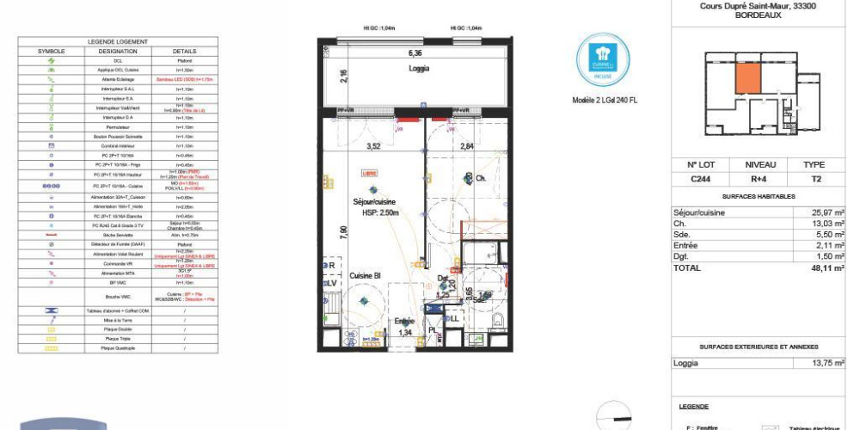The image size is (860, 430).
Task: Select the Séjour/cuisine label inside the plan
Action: click(x=373, y=201)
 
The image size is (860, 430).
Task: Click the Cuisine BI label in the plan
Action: click(x=365, y=275)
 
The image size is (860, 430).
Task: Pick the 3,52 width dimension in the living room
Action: click(x=374, y=146)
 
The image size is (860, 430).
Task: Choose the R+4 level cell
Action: click(x=760, y=180)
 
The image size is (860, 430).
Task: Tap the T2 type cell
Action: click(x=814, y=180)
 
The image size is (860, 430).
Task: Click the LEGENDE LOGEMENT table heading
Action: click(x=118, y=41)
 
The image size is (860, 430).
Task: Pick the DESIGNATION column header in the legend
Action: click(x=118, y=51)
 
